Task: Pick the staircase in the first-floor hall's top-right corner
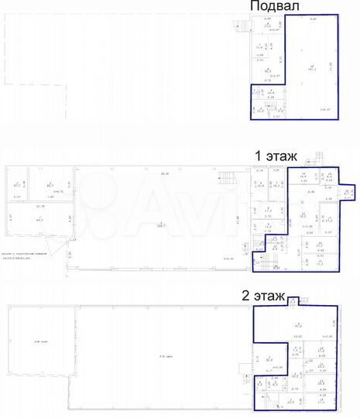(x=226, y=176)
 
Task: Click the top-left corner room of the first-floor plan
(x=18, y=184)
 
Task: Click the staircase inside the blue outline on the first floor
(x=262, y=246)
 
